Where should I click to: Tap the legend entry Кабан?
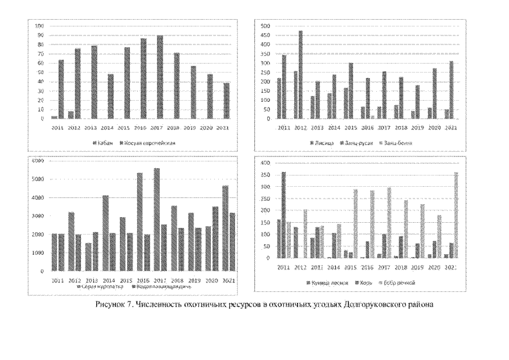click(103, 143)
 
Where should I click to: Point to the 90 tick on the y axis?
click(39, 35)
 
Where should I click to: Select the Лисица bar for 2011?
click(280, 98)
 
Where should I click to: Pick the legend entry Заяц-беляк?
click(398, 143)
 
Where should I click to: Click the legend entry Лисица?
click(322, 143)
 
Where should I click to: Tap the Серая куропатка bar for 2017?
click(157, 219)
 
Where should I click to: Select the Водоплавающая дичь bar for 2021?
click(232, 242)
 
